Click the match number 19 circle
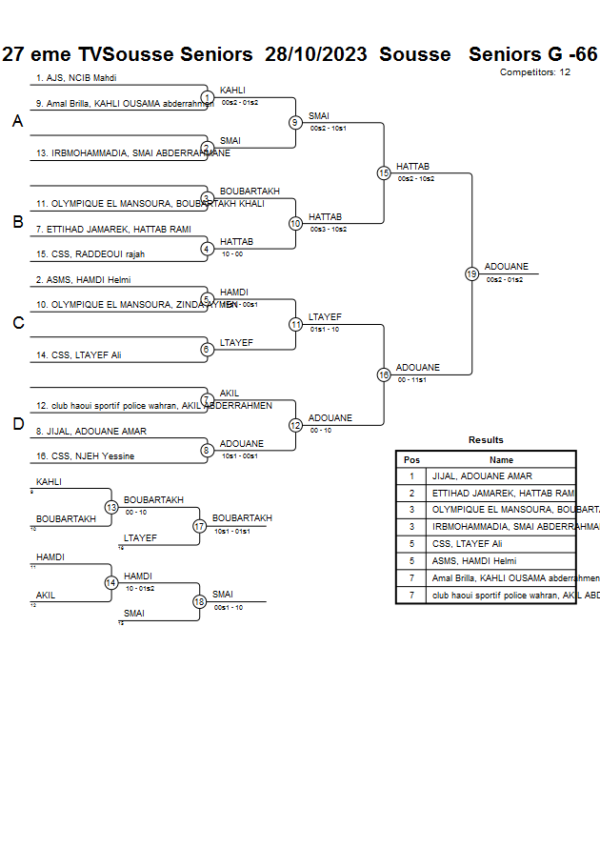(x=471, y=273)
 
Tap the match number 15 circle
(x=384, y=173)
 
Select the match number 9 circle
(x=295, y=122)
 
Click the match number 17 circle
(x=199, y=525)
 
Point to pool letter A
(x=17, y=122)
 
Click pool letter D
(x=17, y=425)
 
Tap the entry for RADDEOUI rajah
(x=90, y=254)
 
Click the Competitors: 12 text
(x=535, y=72)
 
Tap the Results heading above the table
(x=486, y=440)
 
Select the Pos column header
(x=411, y=459)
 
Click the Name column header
(x=501, y=459)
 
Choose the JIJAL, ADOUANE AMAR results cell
(x=482, y=476)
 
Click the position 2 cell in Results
(x=411, y=494)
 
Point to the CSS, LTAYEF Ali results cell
(x=467, y=544)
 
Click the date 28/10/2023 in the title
(x=318, y=54)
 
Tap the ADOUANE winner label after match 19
(x=506, y=267)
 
